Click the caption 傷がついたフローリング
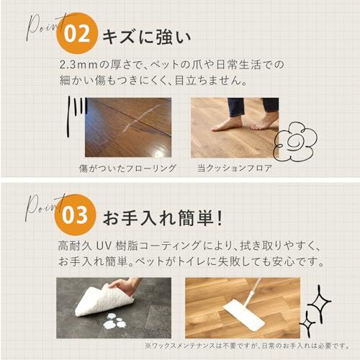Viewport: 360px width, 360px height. (x=127, y=168)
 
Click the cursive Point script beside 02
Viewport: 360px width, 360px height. (x=43, y=29)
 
